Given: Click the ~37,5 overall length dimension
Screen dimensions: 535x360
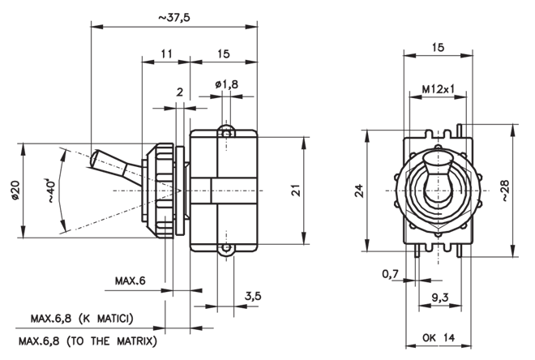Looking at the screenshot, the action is pyautogui.click(x=174, y=17).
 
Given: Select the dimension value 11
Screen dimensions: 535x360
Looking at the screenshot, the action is pyautogui.click(x=166, y=54).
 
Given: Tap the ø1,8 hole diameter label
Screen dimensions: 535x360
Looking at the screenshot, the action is pyautogui.click(x=226, y=84).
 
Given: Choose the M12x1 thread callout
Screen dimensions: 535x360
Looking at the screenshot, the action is pyautogui.click(x=438, y=89).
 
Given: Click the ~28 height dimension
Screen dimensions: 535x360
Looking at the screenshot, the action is pyautogui.click(x=505, y=190).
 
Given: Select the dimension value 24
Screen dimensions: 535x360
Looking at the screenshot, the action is pyautogui.click(x=359, y=191).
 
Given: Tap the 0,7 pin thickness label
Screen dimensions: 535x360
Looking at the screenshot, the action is pyautogui.click(x=391, y=273).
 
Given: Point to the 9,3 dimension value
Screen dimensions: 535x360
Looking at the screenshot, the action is pyautogui.click(x=440, y=298).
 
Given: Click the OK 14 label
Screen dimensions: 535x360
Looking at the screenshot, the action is pyautogui.click(x=439, y=337).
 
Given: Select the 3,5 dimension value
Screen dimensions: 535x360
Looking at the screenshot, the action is pyautogui.click(x=253, y=295).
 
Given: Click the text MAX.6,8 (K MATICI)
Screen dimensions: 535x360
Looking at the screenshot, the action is pyautogui.click(x=82, y=319).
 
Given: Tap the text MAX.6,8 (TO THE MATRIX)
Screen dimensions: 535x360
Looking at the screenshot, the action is pyautogui.click(x=88, y=341).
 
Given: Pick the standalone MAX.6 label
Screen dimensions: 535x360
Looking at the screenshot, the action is pyautogui.click(x=130, y=281).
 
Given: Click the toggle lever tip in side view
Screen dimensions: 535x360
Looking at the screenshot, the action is pyautogui.click(x=93, y=158).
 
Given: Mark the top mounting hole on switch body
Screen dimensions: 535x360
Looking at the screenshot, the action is pyautogui.click(x=226, y=133).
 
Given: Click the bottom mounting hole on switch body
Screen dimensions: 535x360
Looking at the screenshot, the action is pyautogui.click(x=226, y=248).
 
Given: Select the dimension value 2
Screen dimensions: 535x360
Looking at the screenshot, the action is pyautogui.click(x=179, y=92).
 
